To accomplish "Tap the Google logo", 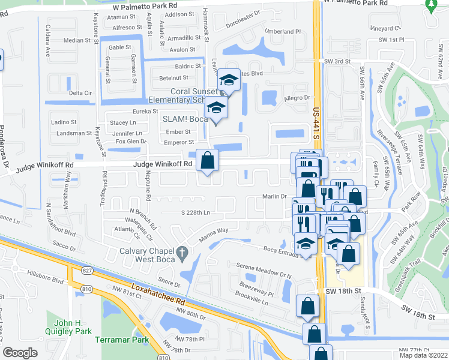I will [20, 353].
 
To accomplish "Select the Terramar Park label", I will [121, 340].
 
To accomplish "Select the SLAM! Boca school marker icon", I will [216, 108].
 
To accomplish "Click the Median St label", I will [76, 41].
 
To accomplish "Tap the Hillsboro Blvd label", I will [48, 280].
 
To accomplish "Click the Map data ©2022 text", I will [423, 355].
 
